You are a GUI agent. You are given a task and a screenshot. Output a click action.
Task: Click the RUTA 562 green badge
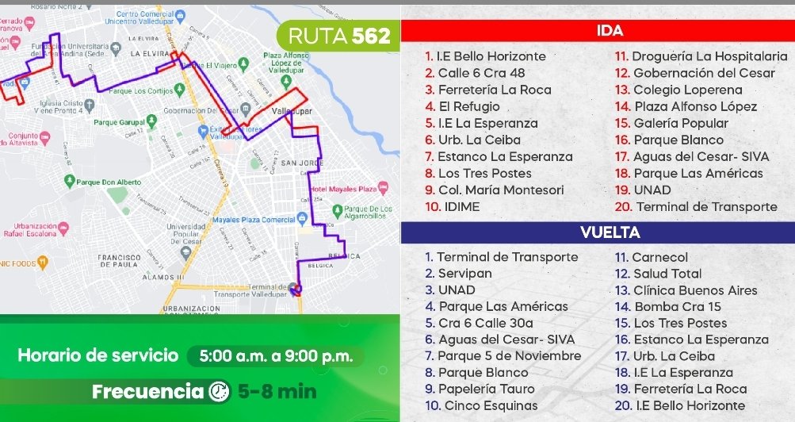[x=338, y=36]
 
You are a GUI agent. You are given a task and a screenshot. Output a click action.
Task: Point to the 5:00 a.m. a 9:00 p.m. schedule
[x=275, y=356]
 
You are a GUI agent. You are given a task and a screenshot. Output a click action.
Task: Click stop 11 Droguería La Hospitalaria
[x=701, y=56]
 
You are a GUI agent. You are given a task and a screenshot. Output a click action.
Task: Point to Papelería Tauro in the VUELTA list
[x=480, y=389]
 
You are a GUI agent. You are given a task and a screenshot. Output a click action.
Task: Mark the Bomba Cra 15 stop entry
[x=670, y=306]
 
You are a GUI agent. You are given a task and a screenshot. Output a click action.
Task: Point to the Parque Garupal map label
[x=117, y=122]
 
